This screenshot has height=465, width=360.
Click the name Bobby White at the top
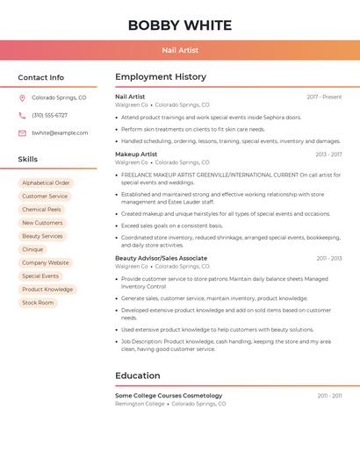(180, 25)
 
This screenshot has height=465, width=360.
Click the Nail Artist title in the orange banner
(180, 50)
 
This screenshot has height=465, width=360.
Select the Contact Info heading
(40, 77)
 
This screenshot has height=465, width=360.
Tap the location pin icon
(22, 98)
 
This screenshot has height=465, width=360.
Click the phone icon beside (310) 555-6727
(22, 116)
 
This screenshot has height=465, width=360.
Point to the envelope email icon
(22, 133)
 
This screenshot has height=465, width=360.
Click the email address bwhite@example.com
(60, 133)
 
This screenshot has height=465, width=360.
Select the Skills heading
(28, 160)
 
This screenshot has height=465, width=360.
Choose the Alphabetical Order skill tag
(46, 183)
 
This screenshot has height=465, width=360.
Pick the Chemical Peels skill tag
(41, 210)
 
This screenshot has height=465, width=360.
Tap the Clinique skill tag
(32, 249)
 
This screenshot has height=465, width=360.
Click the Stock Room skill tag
(38, 303)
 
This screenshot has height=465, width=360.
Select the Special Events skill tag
(40, 276)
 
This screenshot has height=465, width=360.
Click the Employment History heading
(161, 77)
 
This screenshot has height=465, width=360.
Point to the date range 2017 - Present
(324, 97)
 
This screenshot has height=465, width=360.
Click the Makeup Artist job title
(136, 154)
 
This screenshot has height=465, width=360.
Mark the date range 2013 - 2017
(328, 154)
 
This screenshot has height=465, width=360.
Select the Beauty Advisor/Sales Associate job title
(161, 258)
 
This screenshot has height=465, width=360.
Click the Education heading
(138, 376)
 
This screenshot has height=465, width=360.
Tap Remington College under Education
(140, 404)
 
